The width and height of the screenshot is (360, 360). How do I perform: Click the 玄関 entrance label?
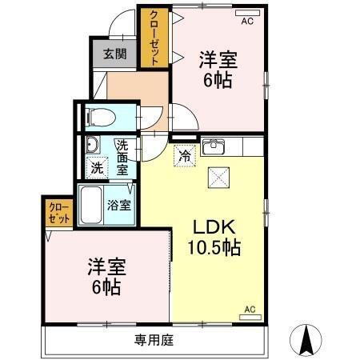[x=115, y=54]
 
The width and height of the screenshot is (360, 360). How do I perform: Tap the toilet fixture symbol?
[x=99, y=117]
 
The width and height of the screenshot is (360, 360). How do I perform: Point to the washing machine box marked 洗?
[x=97, y=168]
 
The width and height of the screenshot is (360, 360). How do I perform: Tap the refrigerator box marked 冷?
[x=184, y=154]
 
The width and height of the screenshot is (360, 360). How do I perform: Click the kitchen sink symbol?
[x=214, y=147]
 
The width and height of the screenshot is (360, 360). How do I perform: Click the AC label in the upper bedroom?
[x=247, y=21]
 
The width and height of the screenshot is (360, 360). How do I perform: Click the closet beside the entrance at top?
[x=152, y=38]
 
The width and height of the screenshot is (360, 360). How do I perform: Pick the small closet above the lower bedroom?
[x=58, y=212]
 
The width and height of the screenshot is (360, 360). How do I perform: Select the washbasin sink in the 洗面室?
[x=91, y=145]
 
